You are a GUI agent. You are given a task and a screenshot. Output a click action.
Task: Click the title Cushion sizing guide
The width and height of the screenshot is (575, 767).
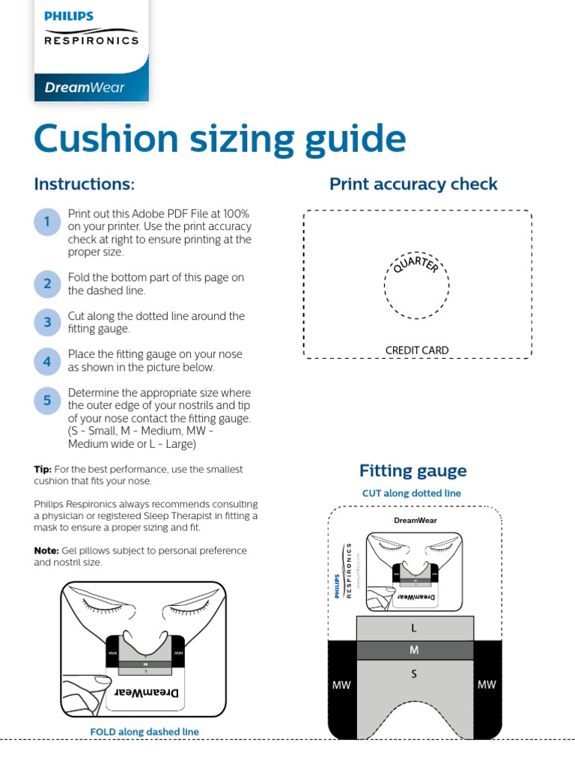220,139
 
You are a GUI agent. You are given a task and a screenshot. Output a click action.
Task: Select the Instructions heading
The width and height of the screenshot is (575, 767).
85,184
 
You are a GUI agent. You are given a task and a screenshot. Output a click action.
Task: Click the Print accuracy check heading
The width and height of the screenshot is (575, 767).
413,184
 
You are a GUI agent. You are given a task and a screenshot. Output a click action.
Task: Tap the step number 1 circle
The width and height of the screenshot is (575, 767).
46,222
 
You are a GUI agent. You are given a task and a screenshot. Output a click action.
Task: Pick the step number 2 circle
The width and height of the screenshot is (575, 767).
46,284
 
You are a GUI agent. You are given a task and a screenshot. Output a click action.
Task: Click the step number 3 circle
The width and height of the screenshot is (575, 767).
46,323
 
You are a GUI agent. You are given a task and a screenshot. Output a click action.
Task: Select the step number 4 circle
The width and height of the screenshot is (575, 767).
46,362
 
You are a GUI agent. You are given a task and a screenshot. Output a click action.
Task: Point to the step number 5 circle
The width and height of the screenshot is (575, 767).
46,401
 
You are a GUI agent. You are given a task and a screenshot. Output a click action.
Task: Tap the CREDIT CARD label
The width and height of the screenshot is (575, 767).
417,350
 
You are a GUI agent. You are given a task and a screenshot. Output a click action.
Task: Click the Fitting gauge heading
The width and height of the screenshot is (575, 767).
413,471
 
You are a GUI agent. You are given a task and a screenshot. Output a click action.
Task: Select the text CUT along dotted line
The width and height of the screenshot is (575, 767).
412,494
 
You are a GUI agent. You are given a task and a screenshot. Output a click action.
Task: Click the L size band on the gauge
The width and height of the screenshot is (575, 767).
414,628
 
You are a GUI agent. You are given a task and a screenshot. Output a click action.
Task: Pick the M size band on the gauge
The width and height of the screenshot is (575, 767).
414,650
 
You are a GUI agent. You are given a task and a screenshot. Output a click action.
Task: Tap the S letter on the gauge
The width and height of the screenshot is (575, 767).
414,674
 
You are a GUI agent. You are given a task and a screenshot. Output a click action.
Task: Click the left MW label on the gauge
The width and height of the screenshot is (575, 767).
341,685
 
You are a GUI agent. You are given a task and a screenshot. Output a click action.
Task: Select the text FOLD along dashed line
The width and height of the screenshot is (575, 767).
144,731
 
